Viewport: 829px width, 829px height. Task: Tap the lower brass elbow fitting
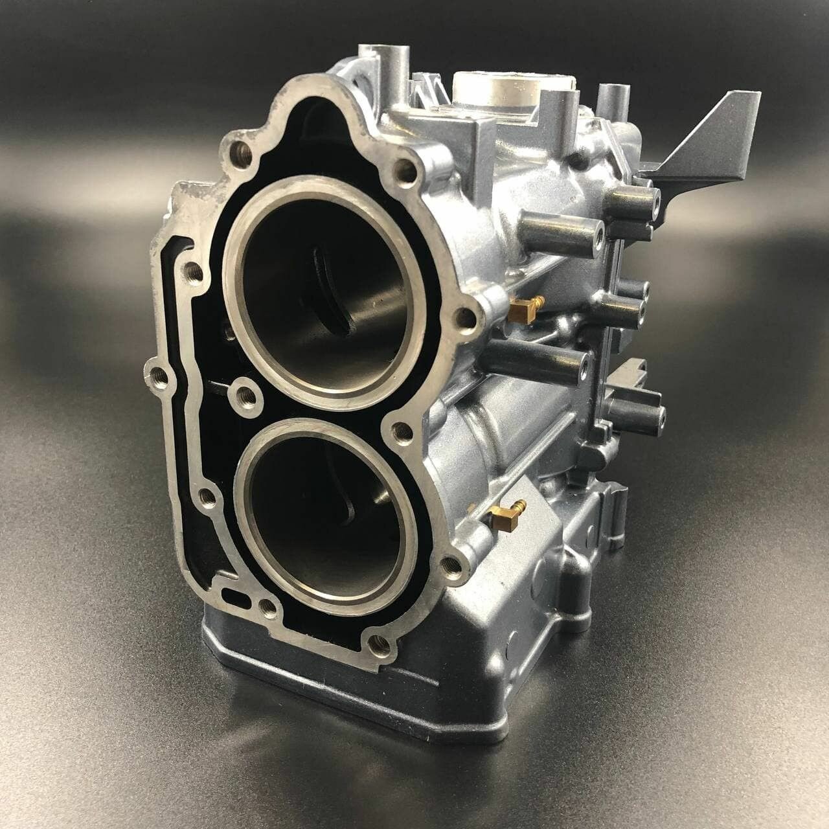(x=502, y=512)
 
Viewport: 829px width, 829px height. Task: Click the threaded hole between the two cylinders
(x=245, y=392)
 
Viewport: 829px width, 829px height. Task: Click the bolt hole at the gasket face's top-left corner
(x=242, y=153)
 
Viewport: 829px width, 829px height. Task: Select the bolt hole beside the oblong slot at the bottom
(x=265, y=607)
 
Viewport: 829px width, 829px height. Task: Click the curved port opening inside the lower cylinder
(x=353, y=512)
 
